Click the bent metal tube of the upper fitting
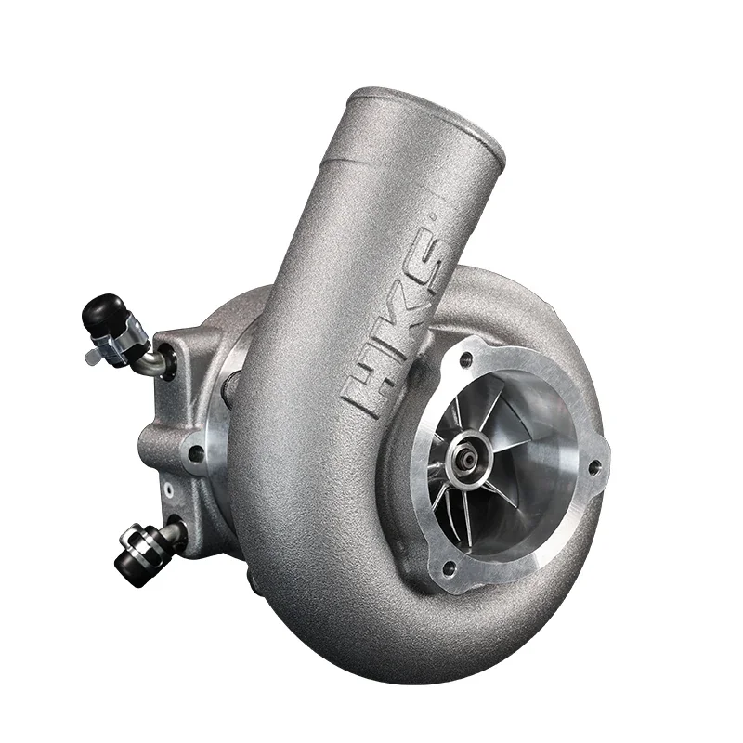tap(150, 361)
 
